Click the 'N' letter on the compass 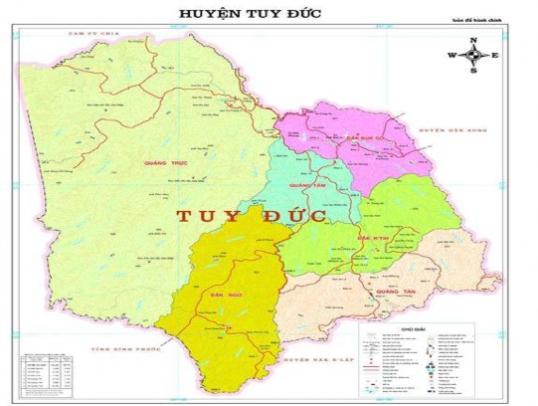click(473, 40)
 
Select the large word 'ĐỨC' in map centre click(296, 214)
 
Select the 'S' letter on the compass click(473, 72)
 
